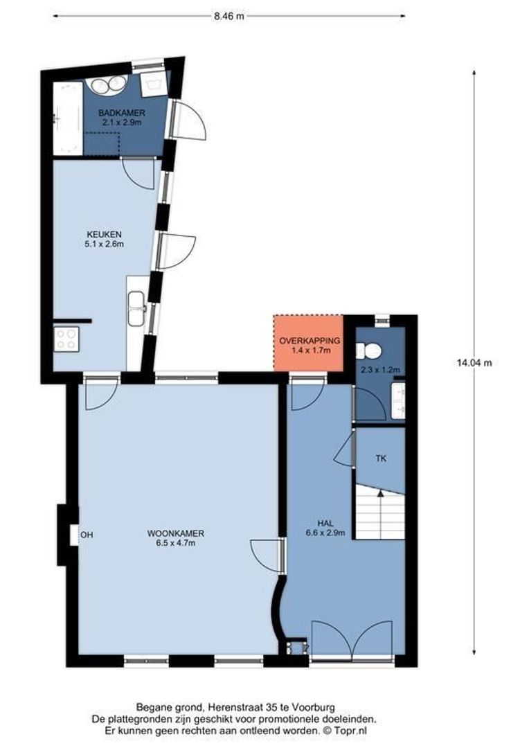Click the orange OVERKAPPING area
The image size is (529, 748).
click(309, 344)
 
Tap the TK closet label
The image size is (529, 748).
click(380, 458)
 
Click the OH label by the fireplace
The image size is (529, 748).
click(87, 535)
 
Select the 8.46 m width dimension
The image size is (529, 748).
click(228, 16)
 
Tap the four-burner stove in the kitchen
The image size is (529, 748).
click(66, 339)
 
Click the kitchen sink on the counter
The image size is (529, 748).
click(136, 303)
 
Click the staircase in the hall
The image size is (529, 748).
click(379, 513)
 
